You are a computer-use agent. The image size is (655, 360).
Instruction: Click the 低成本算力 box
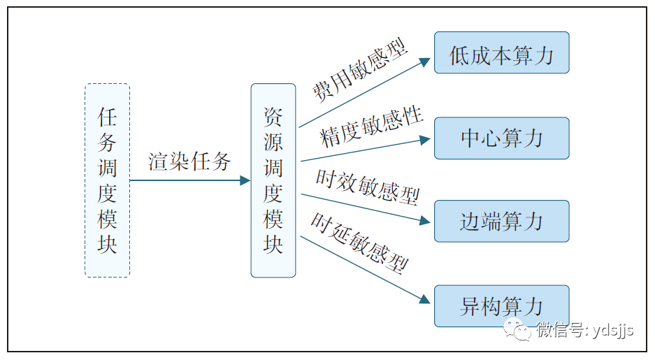[501, 52]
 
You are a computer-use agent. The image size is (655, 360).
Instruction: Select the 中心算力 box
[501, 138]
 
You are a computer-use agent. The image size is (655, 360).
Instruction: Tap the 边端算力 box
[501, 222]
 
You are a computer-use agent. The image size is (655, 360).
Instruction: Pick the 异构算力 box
[501, 306]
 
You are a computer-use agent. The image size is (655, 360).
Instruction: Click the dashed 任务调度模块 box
[107, 180]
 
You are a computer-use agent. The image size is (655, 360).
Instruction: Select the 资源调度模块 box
[273, 180]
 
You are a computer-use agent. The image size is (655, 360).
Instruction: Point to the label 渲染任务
[189, 162]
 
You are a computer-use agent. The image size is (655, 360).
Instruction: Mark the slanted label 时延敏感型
[359, 241]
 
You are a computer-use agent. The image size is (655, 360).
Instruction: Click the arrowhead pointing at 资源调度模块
[245, 180]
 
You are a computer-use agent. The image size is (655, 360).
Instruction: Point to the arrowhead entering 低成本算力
[425, 62]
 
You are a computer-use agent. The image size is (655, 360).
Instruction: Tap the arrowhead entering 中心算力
[425, 138]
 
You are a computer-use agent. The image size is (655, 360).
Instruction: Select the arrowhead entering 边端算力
[425, 221]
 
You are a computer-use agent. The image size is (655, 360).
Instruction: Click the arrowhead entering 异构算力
[425, 300]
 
